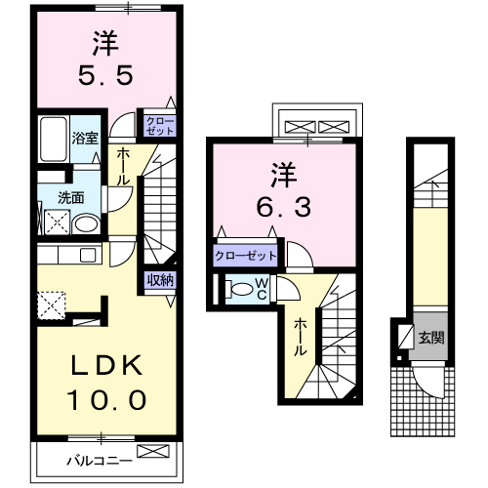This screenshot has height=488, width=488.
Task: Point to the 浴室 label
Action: (84, 138)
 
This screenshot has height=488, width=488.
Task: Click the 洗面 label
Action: (70, 197)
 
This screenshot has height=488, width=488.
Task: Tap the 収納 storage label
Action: (160, 280)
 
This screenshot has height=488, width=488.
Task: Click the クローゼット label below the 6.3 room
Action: (245, 256)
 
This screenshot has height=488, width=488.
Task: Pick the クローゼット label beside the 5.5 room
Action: (158, 125)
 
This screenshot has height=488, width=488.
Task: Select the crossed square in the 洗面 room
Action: (55, 224)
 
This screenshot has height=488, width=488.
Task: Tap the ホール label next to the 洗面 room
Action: (124, 167)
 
